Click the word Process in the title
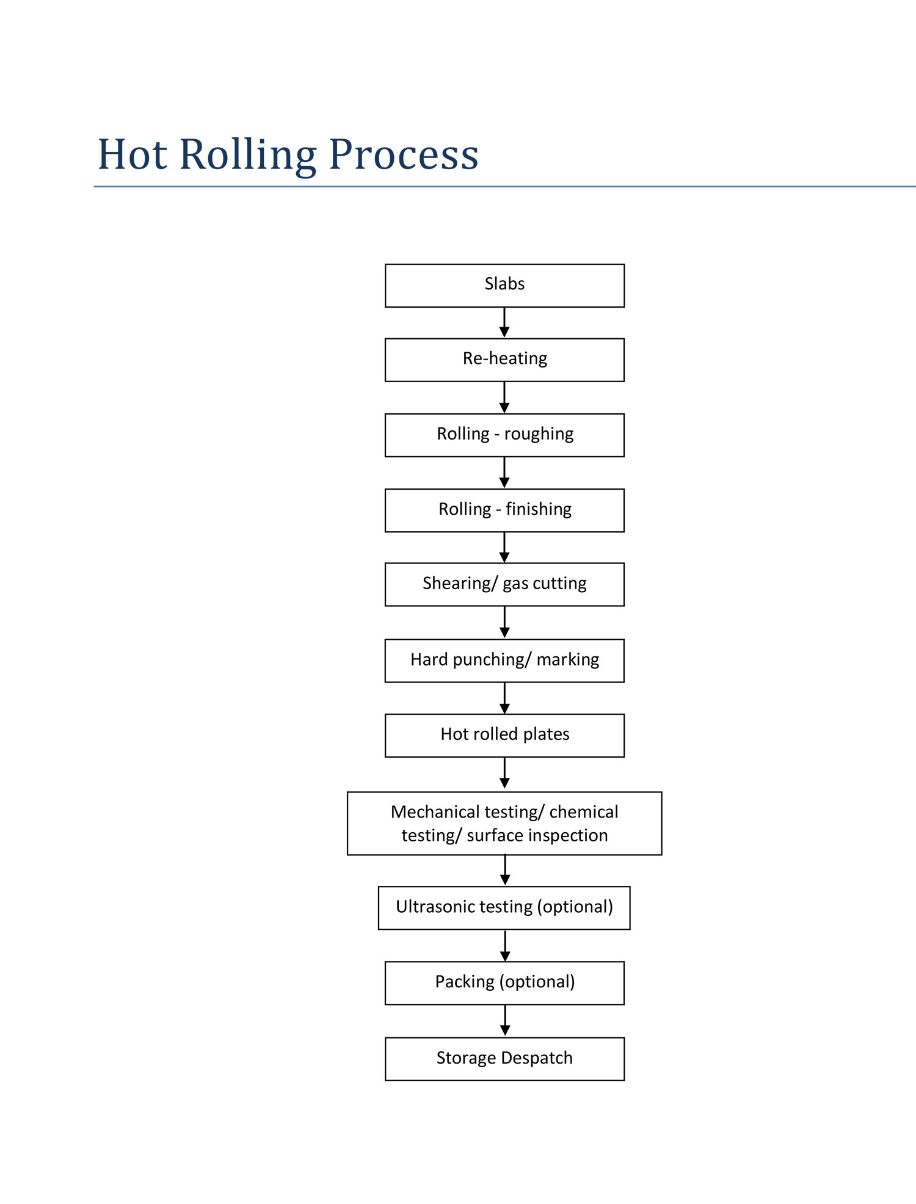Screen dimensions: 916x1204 point(404,156)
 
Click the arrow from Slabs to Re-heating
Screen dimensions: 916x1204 point(504,322)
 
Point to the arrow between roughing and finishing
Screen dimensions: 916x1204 point(504,473)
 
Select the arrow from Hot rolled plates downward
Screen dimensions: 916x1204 point(504,773)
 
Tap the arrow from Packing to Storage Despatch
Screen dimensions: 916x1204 point(505,1020)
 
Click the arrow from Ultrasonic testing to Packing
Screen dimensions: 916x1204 point(505,945)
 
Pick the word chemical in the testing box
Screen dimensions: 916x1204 point(584,812)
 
